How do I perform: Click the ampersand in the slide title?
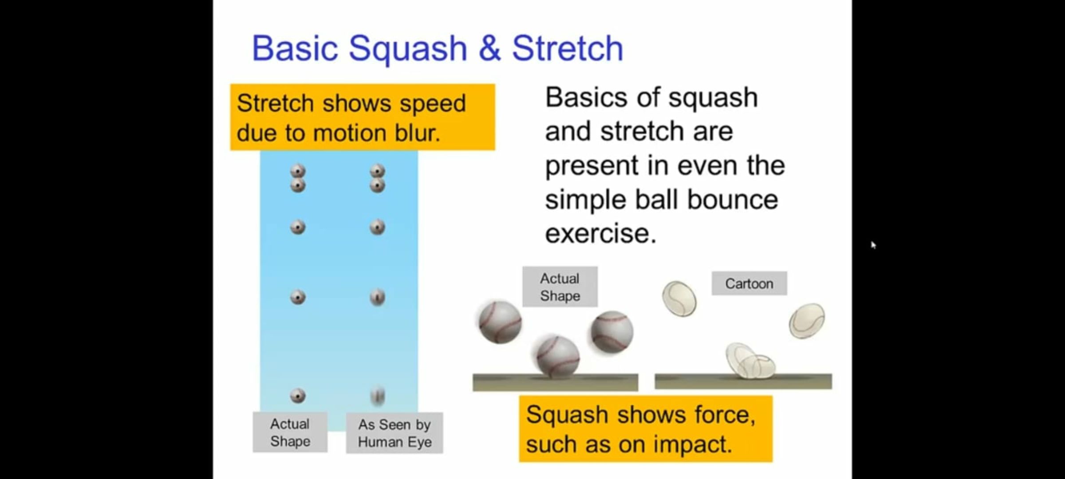tap(489, 48)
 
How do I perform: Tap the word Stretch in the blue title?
tap(568, 48)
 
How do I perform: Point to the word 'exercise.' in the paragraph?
tap(600, 233)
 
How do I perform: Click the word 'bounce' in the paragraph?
tap(732, 199)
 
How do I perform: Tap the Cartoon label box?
tap(749, 283)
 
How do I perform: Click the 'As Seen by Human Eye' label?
tap(394, 433)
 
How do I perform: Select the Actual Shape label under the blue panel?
tap(290, 432)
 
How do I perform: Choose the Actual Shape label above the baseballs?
tap(560, 287)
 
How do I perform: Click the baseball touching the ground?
tap(558, 357)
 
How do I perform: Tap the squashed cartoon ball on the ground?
tap(750, 361)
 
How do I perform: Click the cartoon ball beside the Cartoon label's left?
tap(679, 298)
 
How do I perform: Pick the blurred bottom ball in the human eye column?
tap(378, 395)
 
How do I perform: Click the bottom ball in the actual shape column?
tap(298, 395)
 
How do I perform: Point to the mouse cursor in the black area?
tap(873, 245)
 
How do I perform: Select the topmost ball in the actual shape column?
tap(298, 171)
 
